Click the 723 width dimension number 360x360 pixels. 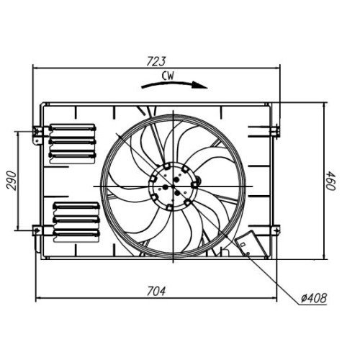(x=157, y=60)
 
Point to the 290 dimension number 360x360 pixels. (x=12, y=181)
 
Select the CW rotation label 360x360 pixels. (x=168, y=74)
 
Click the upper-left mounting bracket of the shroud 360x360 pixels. (x=39, y=132)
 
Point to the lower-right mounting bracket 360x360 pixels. (x=274, y=230)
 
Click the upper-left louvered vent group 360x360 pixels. (x=72, y=142)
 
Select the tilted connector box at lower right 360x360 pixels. (x=248, y=246)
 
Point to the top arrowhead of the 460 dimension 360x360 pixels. (x=325, y=105)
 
